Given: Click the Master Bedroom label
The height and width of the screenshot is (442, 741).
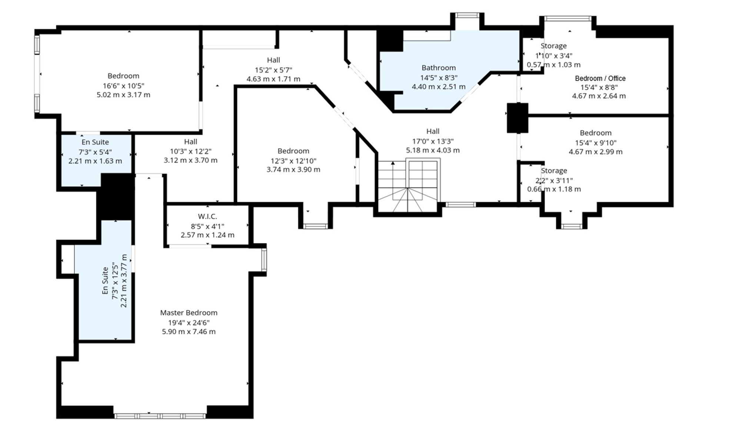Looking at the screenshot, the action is (189, 313).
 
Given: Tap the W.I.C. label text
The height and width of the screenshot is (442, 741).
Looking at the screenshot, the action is (207, 217).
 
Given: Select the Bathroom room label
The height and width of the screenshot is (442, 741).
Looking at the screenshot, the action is (439, 68).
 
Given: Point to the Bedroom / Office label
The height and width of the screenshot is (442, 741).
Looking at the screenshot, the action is (600, 78).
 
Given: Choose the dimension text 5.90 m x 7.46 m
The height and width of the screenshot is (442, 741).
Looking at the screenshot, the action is (189, 332).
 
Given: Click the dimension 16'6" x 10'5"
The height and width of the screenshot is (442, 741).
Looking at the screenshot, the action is (123, 86).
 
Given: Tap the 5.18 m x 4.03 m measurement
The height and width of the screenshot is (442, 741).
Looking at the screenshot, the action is (433, 150).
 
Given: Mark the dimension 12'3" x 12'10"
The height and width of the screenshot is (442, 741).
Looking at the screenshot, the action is (293, 161).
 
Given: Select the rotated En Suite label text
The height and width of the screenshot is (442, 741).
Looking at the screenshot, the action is (106, 281).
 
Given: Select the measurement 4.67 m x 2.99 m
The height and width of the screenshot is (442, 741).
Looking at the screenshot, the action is (596, 152).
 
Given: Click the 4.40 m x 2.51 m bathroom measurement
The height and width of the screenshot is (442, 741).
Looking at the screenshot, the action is (439, 87).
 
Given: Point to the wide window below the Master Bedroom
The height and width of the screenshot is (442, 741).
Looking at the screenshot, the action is (160, 416).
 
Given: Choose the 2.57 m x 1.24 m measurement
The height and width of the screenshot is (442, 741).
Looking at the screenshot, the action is (207, 235).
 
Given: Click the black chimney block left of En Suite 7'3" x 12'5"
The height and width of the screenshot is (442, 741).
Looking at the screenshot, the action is (116, 197).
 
